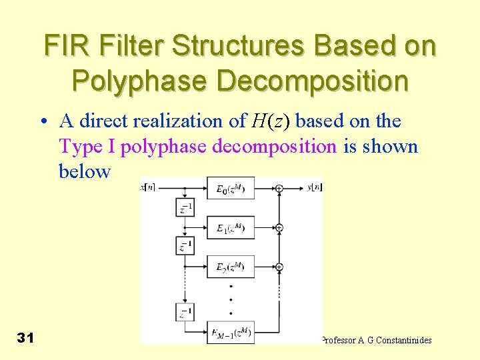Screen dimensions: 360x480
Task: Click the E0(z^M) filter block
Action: (x=231, y=189)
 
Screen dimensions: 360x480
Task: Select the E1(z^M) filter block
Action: (x=231, y=228)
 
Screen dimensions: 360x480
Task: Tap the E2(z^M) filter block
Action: (x=231, y=267)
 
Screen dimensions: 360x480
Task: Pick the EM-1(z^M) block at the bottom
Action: (x=231, y=331)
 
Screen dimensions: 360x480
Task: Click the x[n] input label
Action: (x=148, y=188)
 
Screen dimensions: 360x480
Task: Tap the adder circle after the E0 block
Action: (x=279, y=189)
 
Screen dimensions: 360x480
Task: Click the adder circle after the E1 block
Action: (x=279, y=228)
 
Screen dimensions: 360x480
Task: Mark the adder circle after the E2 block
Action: (x=279, y=267)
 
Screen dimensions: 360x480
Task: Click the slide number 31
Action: (x=25, y=338)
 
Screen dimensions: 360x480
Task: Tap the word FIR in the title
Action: (x=64, y=47)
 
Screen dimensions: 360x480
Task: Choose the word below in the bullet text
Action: (x=84, y=171)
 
